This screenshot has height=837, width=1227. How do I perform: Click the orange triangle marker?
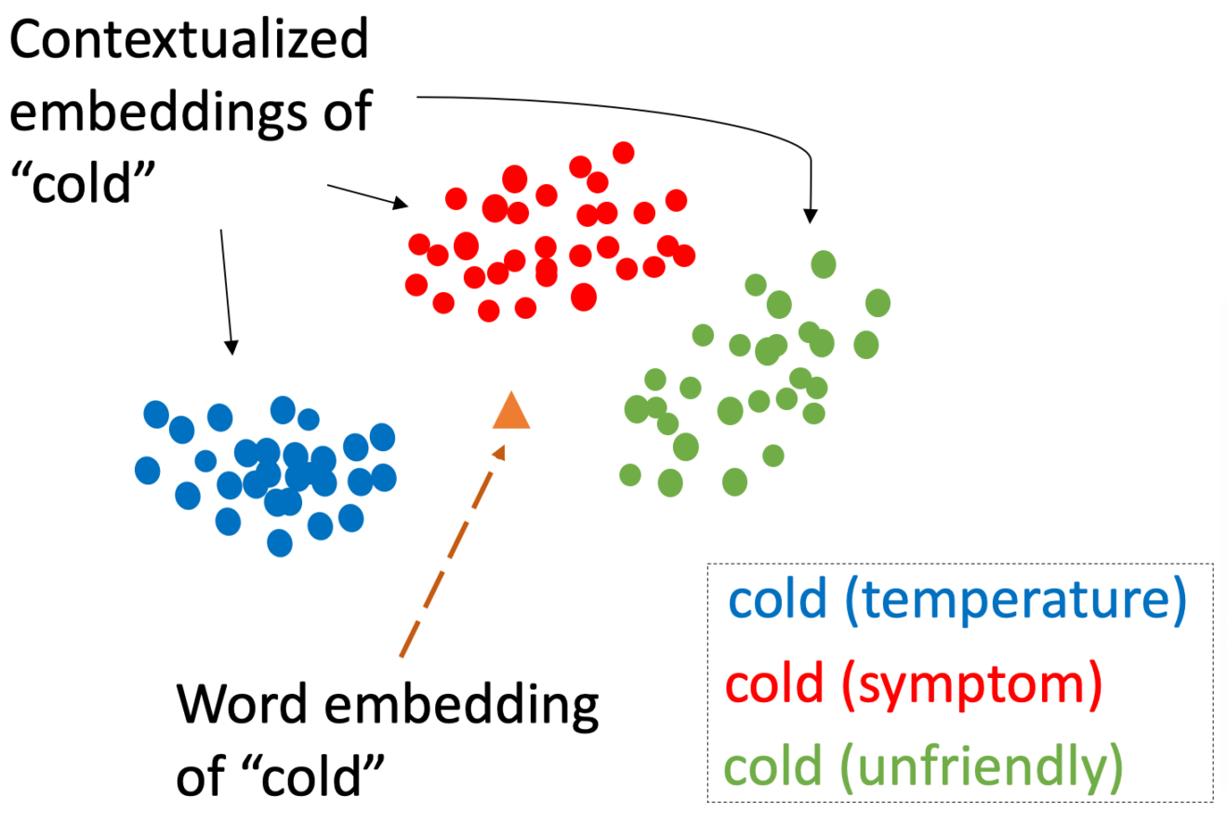(511, 412)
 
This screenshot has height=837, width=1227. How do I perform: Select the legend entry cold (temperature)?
(957, 600)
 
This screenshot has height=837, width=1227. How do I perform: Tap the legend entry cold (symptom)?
(914, 684)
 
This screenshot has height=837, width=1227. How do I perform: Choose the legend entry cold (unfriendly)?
(924, 767)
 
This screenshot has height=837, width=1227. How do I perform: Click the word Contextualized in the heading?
(189, 38)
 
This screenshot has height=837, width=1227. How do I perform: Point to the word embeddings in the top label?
(158, 113)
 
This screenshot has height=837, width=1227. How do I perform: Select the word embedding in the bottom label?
(462, 707)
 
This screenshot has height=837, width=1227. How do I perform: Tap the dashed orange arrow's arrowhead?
(499, 453)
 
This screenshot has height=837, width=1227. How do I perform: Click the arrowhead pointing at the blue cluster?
(231, 348)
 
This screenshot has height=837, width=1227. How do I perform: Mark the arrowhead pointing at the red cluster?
(401, 203)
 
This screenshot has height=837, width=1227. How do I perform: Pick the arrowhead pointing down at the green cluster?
(811, 216)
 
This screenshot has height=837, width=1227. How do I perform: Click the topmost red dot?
(624, 153)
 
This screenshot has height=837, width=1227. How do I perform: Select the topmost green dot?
(824, 264)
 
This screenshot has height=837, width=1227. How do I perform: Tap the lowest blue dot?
(280, 542)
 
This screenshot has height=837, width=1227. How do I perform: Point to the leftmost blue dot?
(148, 471)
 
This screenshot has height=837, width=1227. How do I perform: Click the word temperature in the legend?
(1016, 600)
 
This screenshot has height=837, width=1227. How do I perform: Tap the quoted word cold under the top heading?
(83, 182)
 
